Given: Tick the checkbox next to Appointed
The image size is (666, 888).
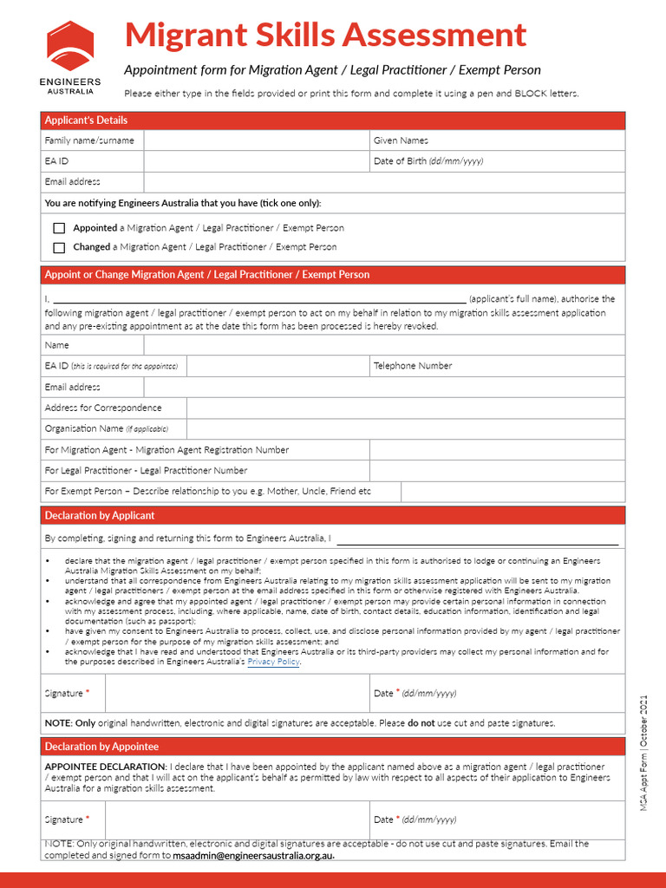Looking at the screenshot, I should tap(59, 228).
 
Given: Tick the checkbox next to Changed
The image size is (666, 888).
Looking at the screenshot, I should tap(59, 247).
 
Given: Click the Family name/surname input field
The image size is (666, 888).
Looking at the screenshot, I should tap(256, 140).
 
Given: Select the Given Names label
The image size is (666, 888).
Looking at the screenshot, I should tap(401, 140).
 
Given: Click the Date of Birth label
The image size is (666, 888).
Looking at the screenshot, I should tap(428, 161).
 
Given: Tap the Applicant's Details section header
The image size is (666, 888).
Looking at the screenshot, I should tap(86, 121).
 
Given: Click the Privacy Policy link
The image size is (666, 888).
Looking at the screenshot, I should tap(274, 662).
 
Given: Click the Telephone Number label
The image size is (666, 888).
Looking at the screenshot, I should tap(413, 366).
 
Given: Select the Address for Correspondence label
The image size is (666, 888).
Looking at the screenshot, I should tap(103, 408).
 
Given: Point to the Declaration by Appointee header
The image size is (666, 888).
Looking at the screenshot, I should tap(101, 747).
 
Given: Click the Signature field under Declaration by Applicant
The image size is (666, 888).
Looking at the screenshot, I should tap(238, 693).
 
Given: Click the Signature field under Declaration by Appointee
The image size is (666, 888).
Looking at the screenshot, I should tap(238, 819).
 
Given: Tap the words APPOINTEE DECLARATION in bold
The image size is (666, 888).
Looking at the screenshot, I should tap(104, 767).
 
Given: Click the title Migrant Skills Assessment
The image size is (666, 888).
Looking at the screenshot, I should tap(325, 35).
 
